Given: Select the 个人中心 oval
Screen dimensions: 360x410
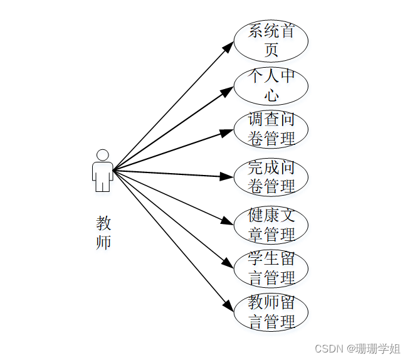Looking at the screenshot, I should pos(271,86).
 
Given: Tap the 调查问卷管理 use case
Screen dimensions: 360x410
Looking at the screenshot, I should pos(271,129).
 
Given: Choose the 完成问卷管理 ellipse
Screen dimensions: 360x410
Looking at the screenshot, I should pos(271,177).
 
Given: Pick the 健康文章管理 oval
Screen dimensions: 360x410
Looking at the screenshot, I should pos(271,225).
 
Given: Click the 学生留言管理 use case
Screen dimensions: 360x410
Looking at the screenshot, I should pos(271,268).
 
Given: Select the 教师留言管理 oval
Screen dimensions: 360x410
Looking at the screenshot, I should pos(271,312).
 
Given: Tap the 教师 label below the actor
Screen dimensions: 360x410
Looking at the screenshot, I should pos(103,233).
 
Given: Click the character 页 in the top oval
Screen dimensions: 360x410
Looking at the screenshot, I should pos(271,50).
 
